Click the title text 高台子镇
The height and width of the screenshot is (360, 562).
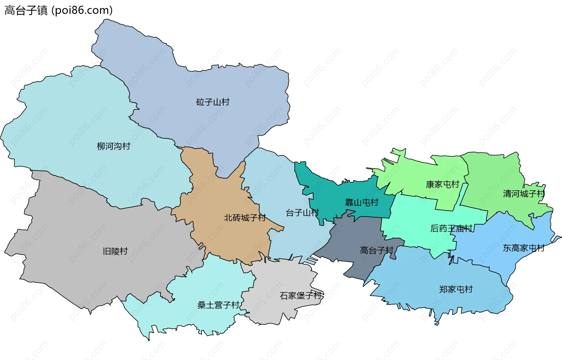[26, 10]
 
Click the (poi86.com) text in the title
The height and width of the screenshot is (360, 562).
[82, 10]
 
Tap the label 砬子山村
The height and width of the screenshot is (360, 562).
[213, 102]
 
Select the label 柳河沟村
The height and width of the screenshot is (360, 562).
[114, 146]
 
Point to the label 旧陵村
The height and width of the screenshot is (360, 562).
[115, 251]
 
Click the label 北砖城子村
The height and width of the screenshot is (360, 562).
[245, 217]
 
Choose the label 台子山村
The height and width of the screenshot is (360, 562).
[302, 212]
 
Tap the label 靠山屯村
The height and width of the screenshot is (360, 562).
[361, 202]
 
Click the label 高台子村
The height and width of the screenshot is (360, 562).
[376, 250]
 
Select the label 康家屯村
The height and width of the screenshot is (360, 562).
[442, 184]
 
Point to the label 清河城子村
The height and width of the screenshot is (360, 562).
[524, 193]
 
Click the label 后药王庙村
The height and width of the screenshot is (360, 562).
[451, 228]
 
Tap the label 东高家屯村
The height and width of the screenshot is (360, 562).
[523, 248]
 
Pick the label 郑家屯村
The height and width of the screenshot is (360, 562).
[456, 289]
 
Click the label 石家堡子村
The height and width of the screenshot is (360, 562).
[301, 296]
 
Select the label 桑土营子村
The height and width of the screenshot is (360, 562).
[218, 305]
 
